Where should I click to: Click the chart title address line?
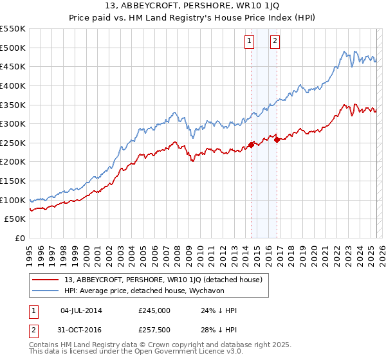click(192, 5)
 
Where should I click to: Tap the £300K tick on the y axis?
click(13, 123)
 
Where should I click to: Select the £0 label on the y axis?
click(20, 239)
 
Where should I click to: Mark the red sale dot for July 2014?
click(251, 145)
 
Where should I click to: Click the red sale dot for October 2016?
click(277, 139)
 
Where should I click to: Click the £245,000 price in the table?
click(154, 310)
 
